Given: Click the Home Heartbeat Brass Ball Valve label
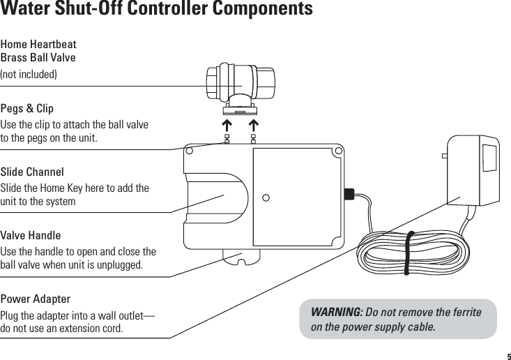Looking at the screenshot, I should [x=38, y=51].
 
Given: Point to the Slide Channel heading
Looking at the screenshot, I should [x=32, y=172].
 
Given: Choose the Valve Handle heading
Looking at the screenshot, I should [x=31, y=235].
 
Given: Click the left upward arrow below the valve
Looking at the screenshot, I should [x=227, y=126].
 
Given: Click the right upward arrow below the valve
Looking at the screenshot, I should [x=253, y=126].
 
